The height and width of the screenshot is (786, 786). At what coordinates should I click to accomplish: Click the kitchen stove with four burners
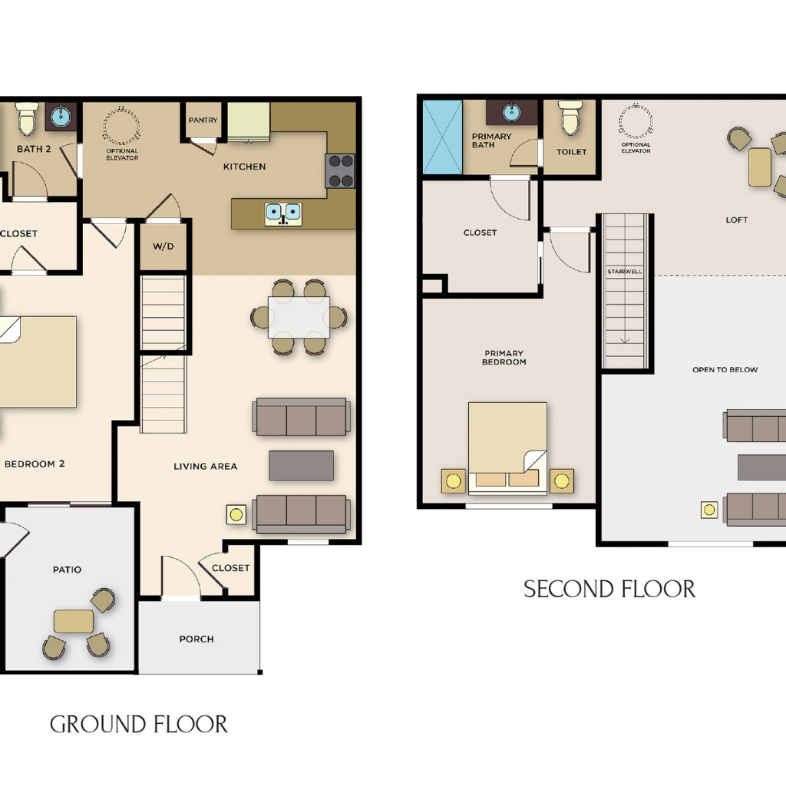click(340, 171)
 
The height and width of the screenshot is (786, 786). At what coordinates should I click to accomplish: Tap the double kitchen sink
click(283, 214)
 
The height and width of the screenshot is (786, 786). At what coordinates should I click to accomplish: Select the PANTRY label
click(203, 121)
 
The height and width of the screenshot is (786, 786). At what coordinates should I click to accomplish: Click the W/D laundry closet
click(163, 246)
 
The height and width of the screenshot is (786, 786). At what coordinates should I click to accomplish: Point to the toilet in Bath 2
click(27, 119)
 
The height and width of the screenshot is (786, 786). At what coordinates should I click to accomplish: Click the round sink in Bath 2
click(61, 117)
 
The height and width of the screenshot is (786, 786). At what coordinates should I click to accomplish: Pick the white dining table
click(299, 317)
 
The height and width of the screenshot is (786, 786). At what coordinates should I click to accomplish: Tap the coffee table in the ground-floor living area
click(301, 466)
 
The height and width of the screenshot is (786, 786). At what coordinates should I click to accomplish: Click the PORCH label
click(196, 639)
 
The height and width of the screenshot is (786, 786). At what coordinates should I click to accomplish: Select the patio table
click(73, 622)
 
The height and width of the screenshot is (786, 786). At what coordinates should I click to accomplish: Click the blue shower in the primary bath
click(442, 137)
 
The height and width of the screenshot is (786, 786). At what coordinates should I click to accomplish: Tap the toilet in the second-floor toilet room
click(570, 117)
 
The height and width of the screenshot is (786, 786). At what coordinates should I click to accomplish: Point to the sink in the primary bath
click(511, 112)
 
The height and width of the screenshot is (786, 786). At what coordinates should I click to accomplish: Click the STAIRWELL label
click(625, 272)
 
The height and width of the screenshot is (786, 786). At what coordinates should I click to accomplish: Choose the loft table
click(760, 167)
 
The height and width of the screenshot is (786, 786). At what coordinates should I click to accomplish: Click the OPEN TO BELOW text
click(725, 370)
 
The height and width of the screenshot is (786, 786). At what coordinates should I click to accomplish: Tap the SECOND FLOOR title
click(609, 589)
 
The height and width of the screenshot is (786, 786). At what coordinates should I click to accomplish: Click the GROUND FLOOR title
click(138, 725)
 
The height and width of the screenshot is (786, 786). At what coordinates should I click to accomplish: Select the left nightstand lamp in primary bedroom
click(453, 481)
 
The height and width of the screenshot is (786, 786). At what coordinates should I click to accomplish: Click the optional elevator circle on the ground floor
click(121, 125)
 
